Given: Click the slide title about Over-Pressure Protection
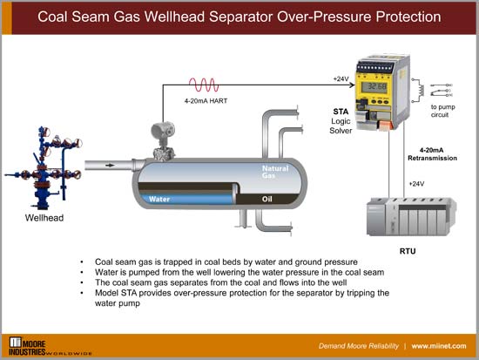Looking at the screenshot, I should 239,17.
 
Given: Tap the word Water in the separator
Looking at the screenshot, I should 159,199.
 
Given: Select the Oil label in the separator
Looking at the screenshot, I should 272,199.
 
